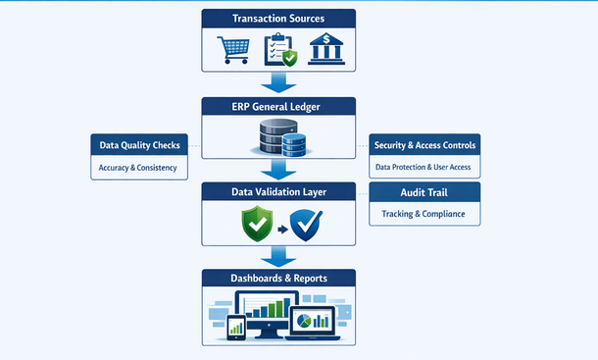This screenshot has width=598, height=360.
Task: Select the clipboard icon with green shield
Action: pyautogui.click(x=278, y=49)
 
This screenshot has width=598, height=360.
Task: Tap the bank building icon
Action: pyautogui.click(x=326, y=49)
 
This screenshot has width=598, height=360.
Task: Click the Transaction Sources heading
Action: pyautogui.click(x=278, y=19)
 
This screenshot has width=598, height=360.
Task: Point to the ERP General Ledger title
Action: pyautogui.click(x=278, y=106)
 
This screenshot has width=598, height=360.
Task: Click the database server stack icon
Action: pyautogui.click(x=278, y=138)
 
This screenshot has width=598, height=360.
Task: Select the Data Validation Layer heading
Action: pyautogui.click(x=278, y=191)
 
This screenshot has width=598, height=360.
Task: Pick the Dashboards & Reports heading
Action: pyautogui.click(x=278, y=279)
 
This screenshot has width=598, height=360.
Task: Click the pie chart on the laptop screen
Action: pyautogui.click(x=311, y=321)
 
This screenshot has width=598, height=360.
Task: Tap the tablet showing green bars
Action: pyautogui.click(x=235, y=328)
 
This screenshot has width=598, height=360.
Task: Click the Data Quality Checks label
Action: pyautogui.click(x=138, y=145)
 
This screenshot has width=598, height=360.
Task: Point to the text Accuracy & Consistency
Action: pyautogui.click(x=138, y=168)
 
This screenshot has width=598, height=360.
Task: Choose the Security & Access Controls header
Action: pyautogui.click(x=424, y=145)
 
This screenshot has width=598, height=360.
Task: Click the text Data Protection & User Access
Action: pyautogui.click(x=424, y=168)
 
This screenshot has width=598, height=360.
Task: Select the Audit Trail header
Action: pyautogui.click(x=424, y=192)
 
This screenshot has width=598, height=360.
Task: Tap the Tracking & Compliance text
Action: pyautogui.click(x=424, y=214)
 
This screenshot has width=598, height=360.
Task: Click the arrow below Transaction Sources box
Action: pyautogui.click(x=278, y=82)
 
